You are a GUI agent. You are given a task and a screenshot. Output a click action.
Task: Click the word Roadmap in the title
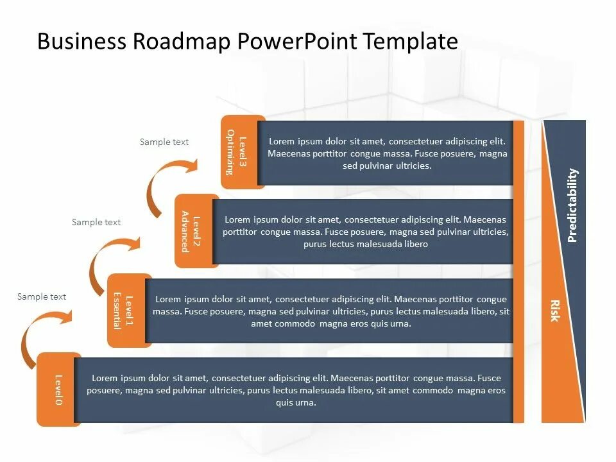click(x=183, y=42)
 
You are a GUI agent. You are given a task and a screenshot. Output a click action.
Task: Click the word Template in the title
click(x=411, y=42)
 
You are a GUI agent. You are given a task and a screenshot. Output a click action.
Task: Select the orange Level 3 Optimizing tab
click(x=239, y=152)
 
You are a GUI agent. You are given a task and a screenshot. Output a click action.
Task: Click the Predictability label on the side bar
click(x=572, y=205)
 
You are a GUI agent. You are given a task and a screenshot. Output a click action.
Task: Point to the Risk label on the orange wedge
click(x=554, y=311)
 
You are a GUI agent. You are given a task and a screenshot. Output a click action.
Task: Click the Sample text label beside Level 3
click(x=164, y=142)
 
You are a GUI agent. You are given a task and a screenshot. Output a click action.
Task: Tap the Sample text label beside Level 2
click(x=96, y=222)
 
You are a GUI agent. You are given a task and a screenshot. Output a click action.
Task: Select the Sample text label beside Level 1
click(x=42, y=296)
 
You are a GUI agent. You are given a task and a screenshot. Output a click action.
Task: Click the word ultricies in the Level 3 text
click(x=409, y=166)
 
